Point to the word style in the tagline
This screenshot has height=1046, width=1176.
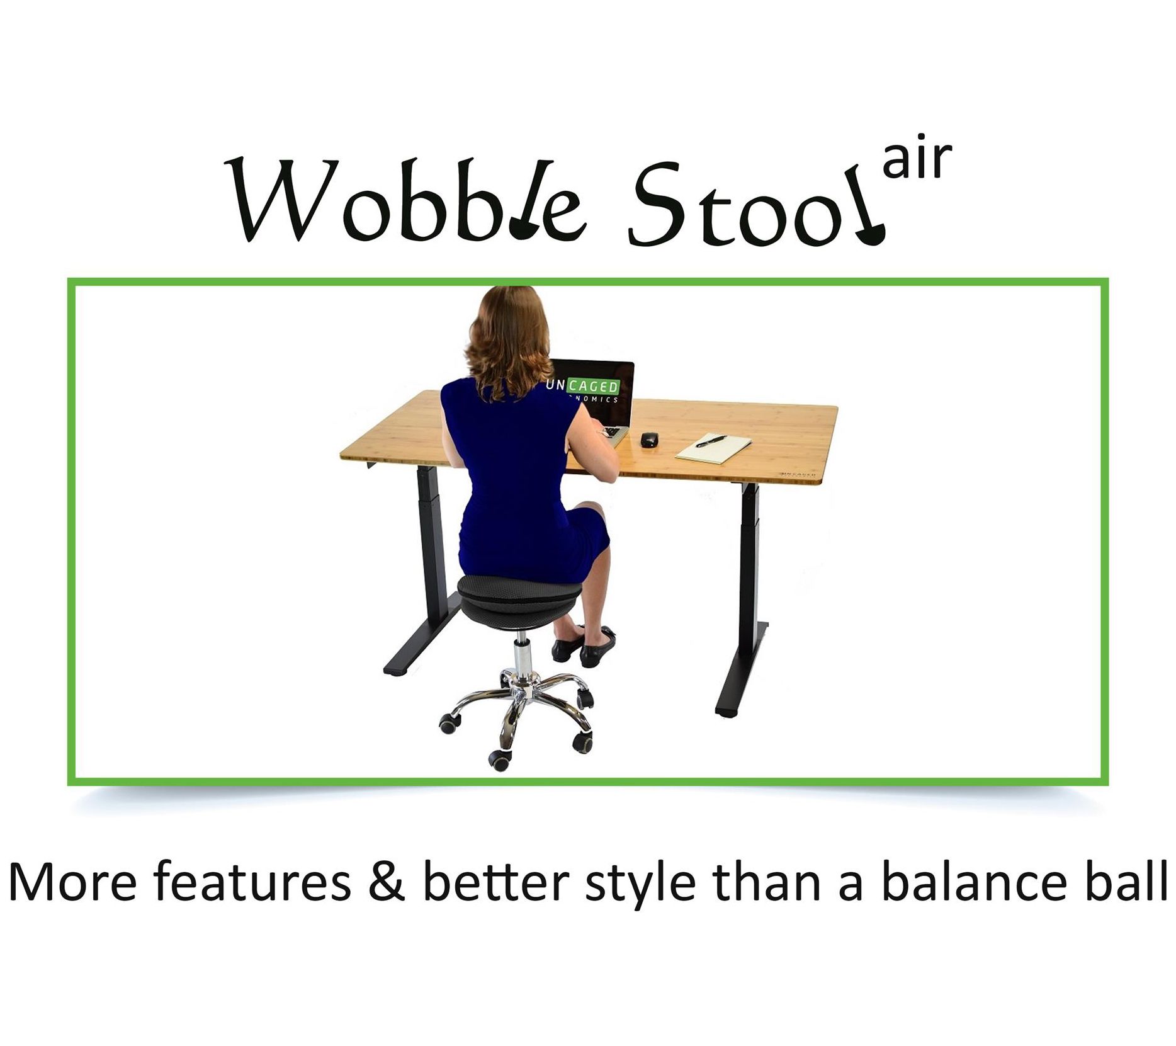point(640,885)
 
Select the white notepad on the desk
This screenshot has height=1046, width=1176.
point(713,446)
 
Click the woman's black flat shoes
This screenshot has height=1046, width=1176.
point(583,644)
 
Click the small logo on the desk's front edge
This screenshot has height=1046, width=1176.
point(798,473)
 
